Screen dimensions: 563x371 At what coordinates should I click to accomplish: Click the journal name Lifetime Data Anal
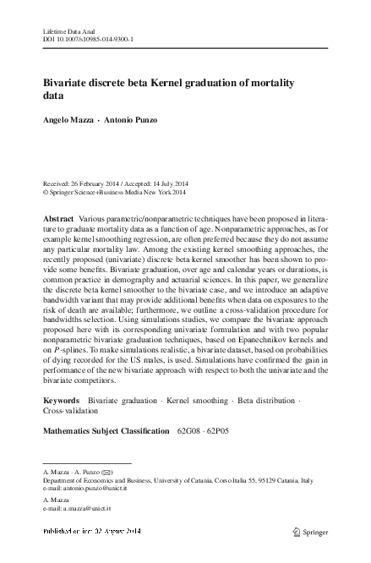coord(66,30)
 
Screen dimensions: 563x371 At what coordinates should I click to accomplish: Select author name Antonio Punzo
coord(134,120)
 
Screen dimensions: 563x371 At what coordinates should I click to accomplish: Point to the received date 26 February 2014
coord(95,183)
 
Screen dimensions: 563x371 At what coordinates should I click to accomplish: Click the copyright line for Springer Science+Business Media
coord(118,192)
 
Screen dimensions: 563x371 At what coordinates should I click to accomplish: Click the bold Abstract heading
coord(57,219)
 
